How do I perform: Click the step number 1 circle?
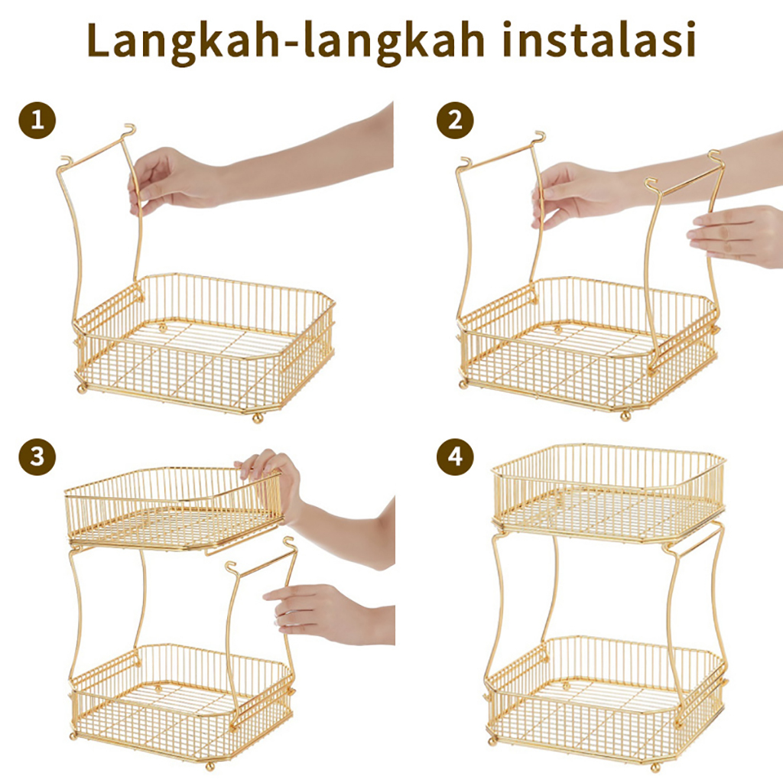(37, 120)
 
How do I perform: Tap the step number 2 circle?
(455, 120)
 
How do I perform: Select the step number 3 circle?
(37, 457)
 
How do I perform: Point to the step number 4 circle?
(455, 457)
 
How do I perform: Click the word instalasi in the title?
(599, 39)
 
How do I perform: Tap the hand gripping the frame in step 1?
(170, 180)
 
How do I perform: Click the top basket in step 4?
(609, 492)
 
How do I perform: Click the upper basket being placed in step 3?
(174, 508)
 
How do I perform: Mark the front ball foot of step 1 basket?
(258, 417)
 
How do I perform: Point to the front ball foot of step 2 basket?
(625, 415)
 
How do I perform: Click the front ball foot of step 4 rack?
(655, 767)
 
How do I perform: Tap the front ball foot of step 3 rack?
(210, 765)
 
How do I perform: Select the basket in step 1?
(205, 345)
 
